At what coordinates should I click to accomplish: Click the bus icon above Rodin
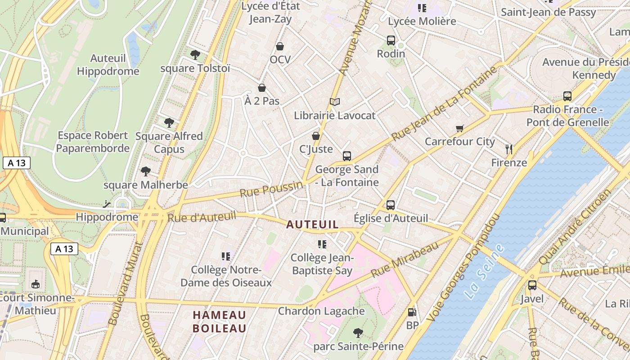point(391,40)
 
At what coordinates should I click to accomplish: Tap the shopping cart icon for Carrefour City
point(459,129)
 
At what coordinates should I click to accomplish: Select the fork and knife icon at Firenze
point(509,149)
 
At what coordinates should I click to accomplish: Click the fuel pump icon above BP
point(412,312)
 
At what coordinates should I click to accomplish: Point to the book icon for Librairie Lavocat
point(334,102)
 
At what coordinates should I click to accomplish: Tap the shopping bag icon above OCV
point(280,46)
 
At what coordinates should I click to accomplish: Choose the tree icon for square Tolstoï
point(195,55)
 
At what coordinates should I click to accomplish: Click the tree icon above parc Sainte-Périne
point(358,333)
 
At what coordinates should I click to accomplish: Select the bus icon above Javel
point(532,285)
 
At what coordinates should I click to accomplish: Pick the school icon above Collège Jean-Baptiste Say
point(322,244)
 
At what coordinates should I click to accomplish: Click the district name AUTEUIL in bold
point(312,224)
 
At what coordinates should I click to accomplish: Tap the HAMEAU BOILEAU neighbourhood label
point(220,321)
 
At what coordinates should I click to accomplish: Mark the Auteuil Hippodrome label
point(108,65)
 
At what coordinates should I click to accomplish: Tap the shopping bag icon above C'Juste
point(316,135)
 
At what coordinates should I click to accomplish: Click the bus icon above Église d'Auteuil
point(390,205)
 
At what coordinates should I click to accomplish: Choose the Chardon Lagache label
point(321,311)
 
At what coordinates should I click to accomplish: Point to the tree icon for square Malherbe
point(145,171)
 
